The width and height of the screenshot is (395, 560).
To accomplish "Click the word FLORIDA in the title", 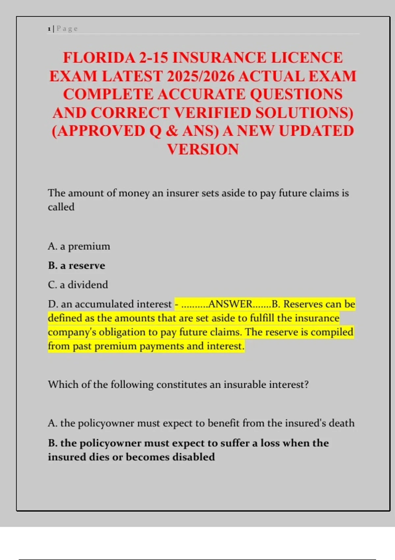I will click(99, 58).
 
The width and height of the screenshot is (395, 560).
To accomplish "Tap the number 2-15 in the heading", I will click(154, 58).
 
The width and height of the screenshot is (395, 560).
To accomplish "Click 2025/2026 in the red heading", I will click(201, 76).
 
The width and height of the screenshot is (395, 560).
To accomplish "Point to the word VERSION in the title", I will click(203, 150).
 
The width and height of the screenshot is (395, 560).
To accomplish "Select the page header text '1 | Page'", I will click(63, 29).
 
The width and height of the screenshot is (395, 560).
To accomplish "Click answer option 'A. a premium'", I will click(79, 246).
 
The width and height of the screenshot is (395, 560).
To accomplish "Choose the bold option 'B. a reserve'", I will click(76, 266).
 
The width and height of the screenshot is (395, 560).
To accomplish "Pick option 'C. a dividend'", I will click(78, 285).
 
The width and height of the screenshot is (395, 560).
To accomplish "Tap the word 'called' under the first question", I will click(61, 207).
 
